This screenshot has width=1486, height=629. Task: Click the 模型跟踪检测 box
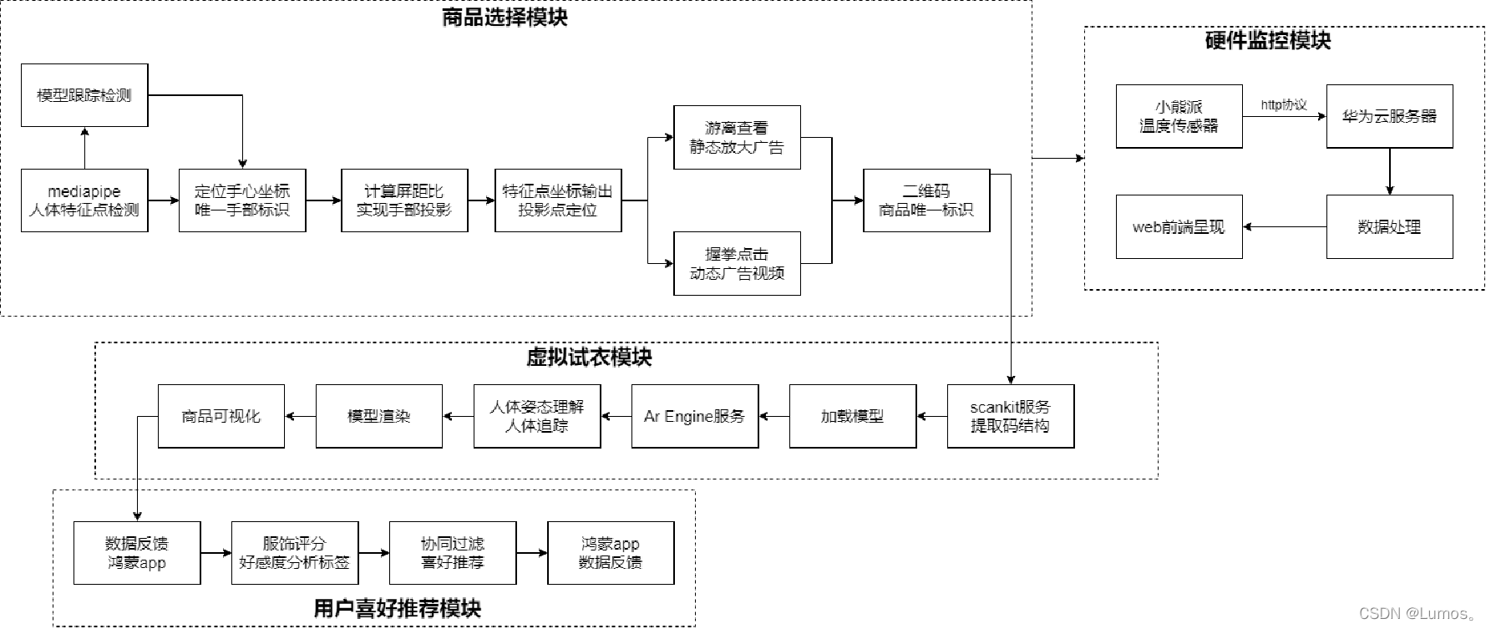tap(84, 95)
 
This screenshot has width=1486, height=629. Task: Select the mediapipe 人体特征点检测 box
tap(84, 200)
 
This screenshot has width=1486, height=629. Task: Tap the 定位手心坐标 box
tap(242, 200)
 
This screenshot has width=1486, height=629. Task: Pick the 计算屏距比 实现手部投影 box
tap(404, 200)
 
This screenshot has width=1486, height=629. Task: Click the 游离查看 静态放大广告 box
tap(737, 138)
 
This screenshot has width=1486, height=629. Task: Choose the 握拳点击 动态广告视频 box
tap(737, 264)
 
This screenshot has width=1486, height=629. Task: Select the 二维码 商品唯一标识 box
tap(926, 200)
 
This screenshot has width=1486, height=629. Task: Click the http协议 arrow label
tap(1284, 105)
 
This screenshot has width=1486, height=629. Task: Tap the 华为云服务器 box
tap(1389, 117)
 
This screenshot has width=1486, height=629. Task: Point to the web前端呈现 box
tap(1179, 227)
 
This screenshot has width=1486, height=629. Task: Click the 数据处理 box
tap(1389, 227)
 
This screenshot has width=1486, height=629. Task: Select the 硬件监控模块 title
tap(1267, 41)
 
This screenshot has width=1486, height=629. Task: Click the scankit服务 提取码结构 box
tap(1010, 416)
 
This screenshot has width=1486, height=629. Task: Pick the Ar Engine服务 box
tap(695, 416)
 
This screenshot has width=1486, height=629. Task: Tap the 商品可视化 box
tap(221, 416)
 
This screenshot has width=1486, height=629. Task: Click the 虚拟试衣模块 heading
tap(589, 358)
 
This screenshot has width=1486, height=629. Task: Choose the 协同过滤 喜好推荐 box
tap(453, 553)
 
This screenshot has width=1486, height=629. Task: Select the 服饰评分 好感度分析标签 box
tap(295, 553)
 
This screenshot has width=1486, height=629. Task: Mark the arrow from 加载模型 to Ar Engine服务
tap(774, 416)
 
